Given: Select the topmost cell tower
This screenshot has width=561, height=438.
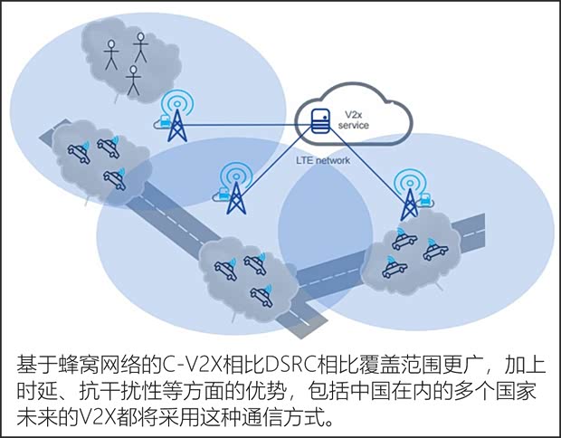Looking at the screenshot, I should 176,119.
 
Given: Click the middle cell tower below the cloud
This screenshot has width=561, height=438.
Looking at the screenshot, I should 235,191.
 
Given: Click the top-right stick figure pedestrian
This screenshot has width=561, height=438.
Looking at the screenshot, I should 140,46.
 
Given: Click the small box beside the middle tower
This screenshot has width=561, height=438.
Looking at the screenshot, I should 219,193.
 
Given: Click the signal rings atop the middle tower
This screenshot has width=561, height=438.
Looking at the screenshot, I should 235,172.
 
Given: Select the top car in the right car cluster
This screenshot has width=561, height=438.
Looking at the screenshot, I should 404,240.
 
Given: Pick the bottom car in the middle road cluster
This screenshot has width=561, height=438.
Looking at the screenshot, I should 261,292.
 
